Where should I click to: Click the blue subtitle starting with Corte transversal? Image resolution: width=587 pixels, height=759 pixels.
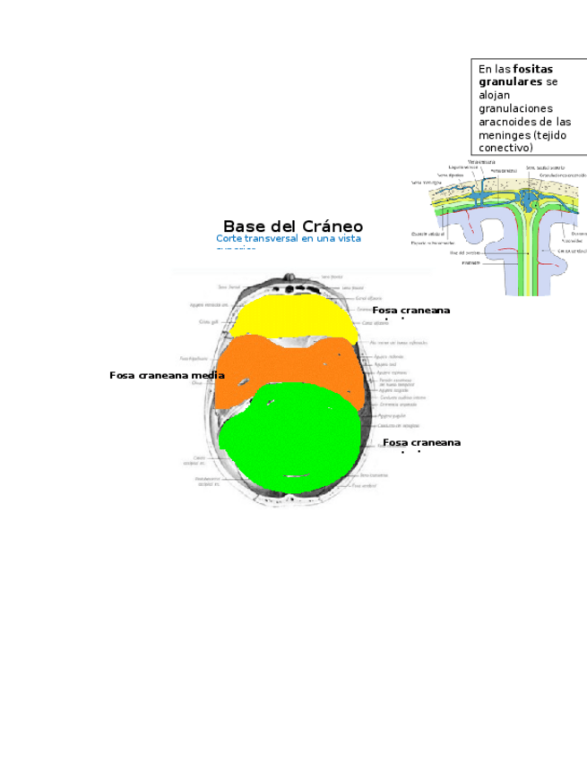288,239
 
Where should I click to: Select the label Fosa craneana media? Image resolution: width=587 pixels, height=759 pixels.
166,376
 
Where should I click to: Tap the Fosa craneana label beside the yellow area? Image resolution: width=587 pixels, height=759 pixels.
410,310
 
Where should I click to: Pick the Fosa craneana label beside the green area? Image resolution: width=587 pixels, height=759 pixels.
421,443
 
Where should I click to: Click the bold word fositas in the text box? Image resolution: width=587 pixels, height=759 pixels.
533,69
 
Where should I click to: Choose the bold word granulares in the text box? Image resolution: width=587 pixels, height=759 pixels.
511,81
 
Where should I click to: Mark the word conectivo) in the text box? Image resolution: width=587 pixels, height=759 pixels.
506,147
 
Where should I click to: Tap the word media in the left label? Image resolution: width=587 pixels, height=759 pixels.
209,376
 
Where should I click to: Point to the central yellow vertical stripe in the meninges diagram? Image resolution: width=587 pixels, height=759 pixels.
531,251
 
